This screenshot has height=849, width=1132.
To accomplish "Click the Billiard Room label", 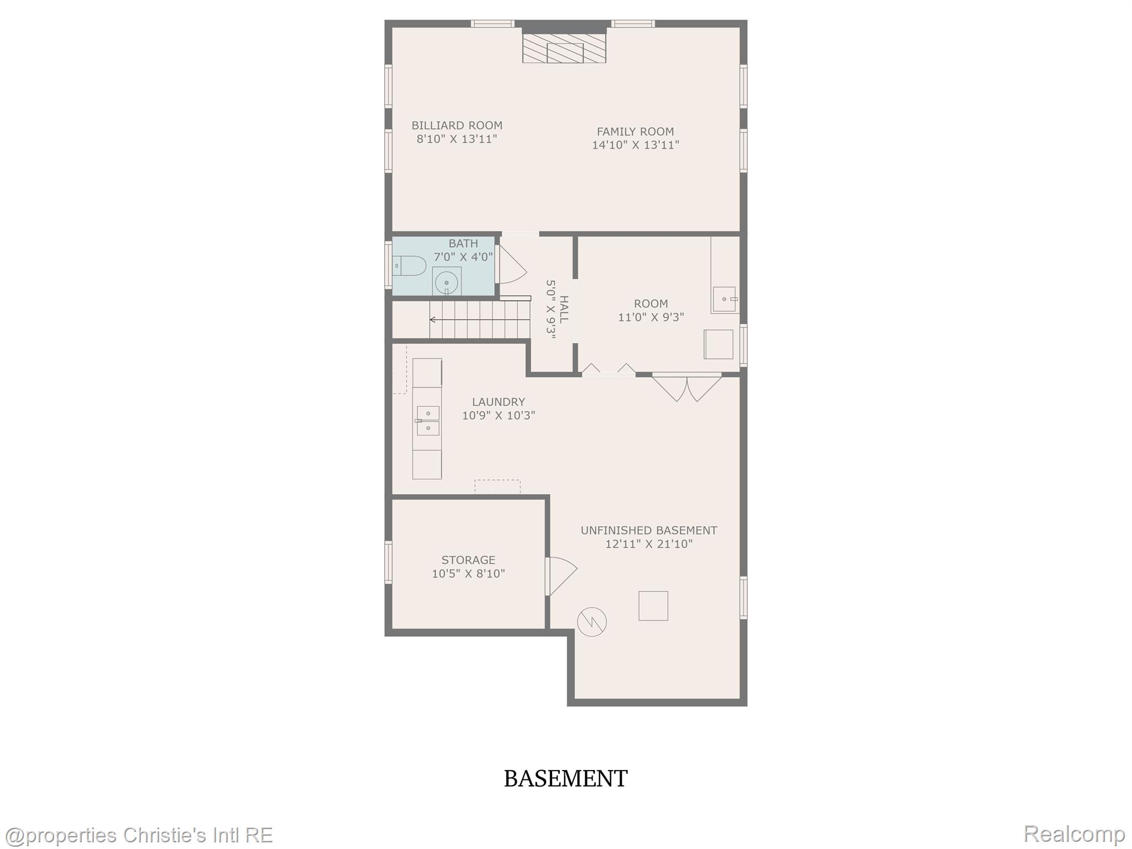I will [x=457, y=126].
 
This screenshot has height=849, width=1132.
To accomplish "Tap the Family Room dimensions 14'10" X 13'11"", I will [x=635, y=145].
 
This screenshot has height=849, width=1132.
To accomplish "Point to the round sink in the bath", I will [x=447, y=283].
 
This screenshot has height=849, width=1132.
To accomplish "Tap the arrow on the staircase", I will [x=433, y=319].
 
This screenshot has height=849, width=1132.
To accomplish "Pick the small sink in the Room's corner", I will [x=724, y=299].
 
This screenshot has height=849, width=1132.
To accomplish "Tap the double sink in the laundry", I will [x=428, y=421].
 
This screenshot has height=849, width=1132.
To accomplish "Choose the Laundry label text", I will [x=498, y=402].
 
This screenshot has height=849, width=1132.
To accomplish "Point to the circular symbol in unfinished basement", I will [x=591, y=622].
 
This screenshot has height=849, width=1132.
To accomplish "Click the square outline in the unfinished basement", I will [x=653, y=606].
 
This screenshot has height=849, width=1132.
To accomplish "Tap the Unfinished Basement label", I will [x=648, y=531].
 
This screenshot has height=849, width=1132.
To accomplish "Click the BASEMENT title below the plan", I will [x=565, y=779].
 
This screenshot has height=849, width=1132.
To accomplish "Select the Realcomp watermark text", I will [x=1074, y=834].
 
